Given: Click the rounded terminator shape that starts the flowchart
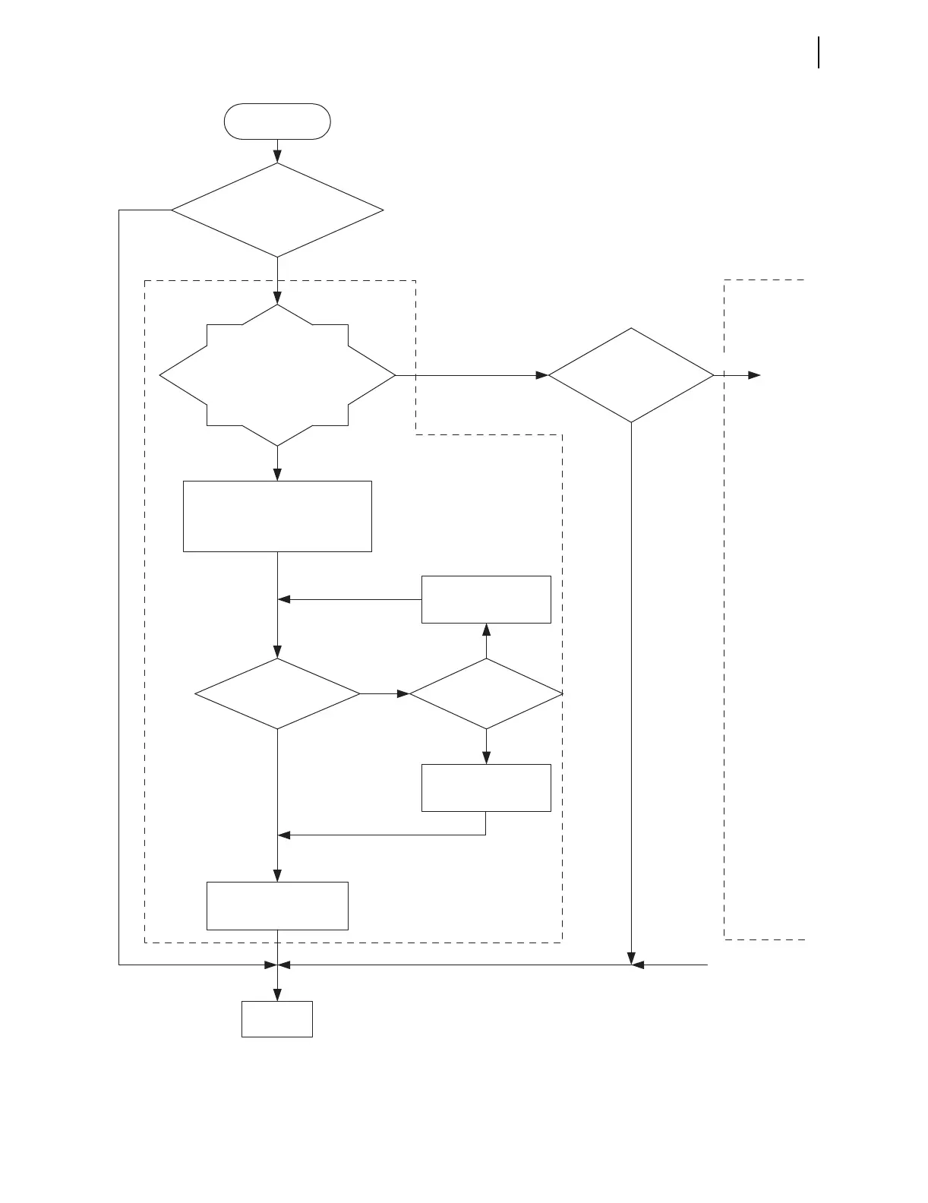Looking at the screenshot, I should click(x=277, y=122).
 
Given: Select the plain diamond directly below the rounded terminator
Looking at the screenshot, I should click(x=277, y=210).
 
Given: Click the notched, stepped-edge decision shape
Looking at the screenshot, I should click(x=277, y=375).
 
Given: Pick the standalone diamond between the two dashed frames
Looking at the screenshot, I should click(x=631, y=375).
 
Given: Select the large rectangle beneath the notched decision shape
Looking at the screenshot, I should click(x=277, y=516).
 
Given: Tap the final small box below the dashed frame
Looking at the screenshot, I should click(x=277, y=1018).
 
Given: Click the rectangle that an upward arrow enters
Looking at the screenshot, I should click(x=486, y=599).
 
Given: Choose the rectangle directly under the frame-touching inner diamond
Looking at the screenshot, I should click(x=486, y=788).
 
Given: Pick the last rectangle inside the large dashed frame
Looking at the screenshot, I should click(x=277, y=905).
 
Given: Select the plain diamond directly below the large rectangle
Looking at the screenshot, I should click(x=277, y=693).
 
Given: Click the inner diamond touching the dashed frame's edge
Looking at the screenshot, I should click(x=486, y=693).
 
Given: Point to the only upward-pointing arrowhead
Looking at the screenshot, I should click(x=486, y=629).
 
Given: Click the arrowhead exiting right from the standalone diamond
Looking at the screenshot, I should click(x=754, y=375).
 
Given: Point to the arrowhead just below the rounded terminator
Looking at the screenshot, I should click(x=277, y=157).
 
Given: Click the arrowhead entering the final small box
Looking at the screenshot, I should click(x=277, y=996).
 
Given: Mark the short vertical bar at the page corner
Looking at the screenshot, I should click(x=819, y=52).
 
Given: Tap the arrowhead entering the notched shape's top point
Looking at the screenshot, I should click(x=277, y=298).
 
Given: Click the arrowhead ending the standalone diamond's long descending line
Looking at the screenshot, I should click(x=631, y=959).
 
